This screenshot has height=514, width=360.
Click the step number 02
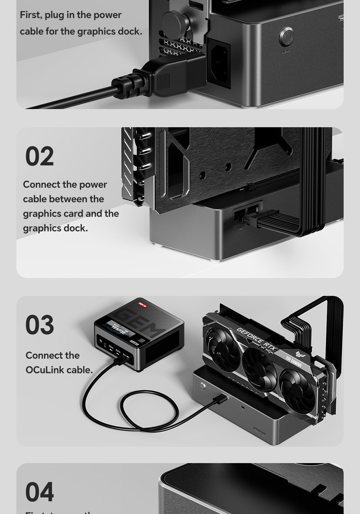click(x=39, y=157)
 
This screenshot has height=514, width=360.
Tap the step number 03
click(x=40, y=325)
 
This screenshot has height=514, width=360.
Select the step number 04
click(x=40, y=492)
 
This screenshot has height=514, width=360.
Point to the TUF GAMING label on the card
click(x=294, y=360)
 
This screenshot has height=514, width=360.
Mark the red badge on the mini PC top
click(x=142, y=305)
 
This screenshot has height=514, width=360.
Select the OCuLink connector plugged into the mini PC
click(x=121, y=360)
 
